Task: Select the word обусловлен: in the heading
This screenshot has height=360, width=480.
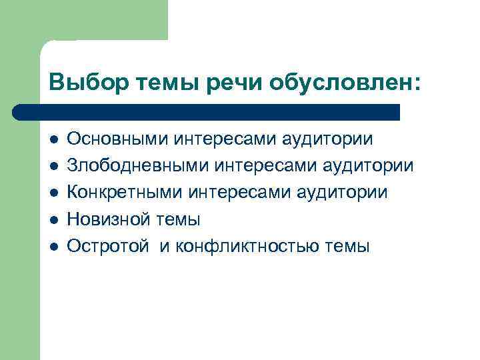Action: tap(345, 83)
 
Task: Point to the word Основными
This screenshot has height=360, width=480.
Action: tap(118, 139)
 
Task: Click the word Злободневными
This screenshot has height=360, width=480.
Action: tap(137, 165)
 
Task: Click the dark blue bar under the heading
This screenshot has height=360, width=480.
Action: tap(207, 111)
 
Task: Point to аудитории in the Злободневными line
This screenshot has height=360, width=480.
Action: tap(370, 165)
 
